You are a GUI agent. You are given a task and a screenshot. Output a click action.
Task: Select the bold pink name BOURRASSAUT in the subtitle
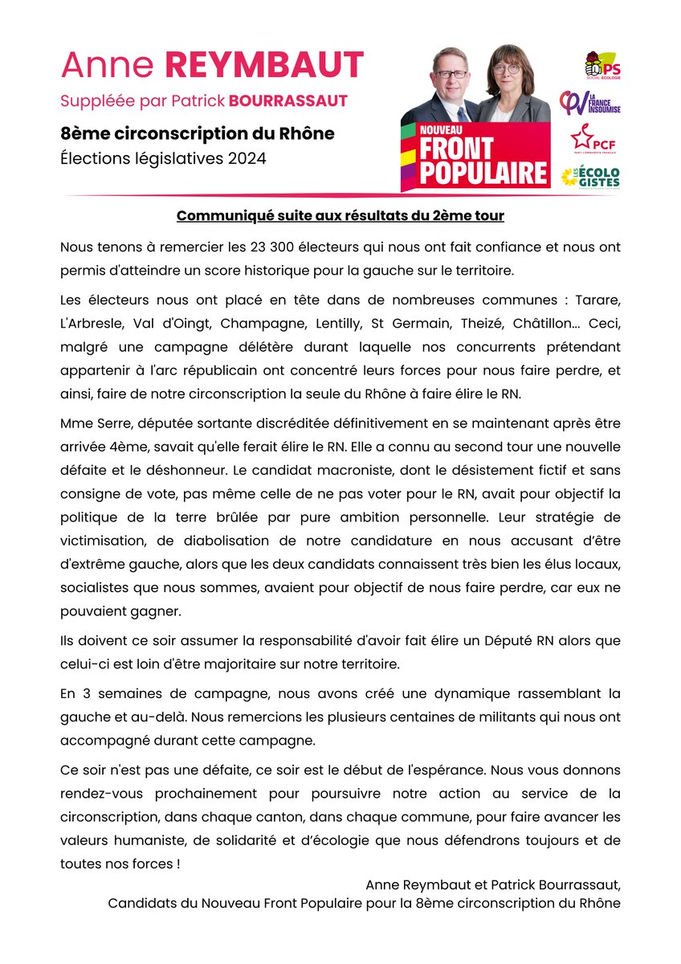coord(288,101)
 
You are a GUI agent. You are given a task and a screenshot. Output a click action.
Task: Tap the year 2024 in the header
coord(245,159)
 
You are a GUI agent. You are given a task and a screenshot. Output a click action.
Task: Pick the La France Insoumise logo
coord(590,104)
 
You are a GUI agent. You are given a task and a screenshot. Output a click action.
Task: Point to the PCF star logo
coord(590,138)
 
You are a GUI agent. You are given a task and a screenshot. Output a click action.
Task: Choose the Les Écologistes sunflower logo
coord(590,176)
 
